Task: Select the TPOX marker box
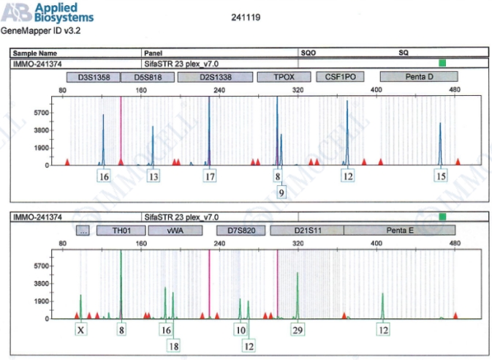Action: click(x=282, y=77)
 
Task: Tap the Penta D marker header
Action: click(x=419, y=77)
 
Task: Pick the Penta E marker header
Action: click(x=399, y=230)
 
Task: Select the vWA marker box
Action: click(x=175, y=230)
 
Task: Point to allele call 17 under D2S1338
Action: click(x=211, y=176)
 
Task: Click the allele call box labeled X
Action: click(x=81, y=330)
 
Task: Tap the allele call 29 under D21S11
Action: click(x=298, y=330)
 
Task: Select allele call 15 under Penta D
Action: click(x=440, y=176)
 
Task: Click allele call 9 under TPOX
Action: click(x=281, y=192)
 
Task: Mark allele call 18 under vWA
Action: click(x=173, y=345)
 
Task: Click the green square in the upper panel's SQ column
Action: click(x=441, y=63)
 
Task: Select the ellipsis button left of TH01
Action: click(x=84, y=230)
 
